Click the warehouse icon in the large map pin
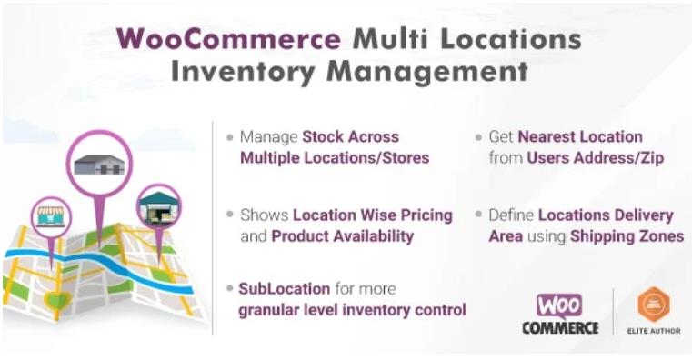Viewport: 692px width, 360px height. [99, 164]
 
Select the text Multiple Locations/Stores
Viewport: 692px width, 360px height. [335, 158]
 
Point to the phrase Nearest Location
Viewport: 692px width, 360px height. [580, 136]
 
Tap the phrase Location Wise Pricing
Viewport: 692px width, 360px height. [373, 215]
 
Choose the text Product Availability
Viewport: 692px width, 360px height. [342, 236]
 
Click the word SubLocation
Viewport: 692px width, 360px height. [285, 288]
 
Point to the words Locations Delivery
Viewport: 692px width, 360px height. [606, 215]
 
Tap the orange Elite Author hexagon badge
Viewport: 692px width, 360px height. [653, 305]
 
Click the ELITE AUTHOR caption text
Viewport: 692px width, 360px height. [653, 331]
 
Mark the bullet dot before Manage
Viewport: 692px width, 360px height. [230, 137]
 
